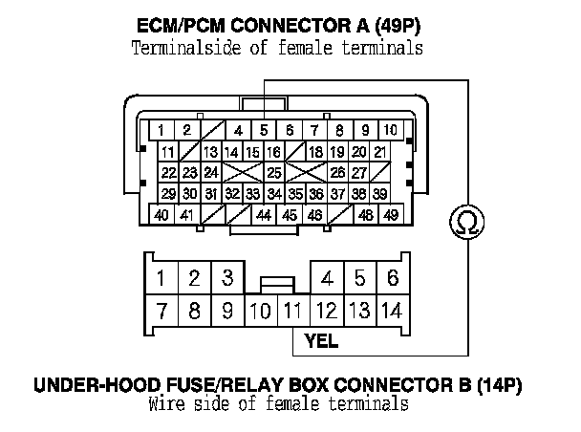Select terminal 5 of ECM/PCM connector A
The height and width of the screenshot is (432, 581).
(263, 130)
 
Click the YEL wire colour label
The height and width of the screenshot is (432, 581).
(321, 338)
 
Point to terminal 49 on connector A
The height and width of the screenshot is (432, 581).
(390, 215)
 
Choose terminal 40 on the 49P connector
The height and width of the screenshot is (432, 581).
(162, 215)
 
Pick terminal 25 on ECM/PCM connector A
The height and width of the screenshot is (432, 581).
(274, 173)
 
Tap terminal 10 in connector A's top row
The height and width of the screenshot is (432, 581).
(390, 130)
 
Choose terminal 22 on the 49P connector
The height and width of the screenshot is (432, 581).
(168, 173)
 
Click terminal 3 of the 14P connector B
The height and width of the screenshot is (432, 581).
(226, 279)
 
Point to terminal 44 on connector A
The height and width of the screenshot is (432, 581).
(265, 215)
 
